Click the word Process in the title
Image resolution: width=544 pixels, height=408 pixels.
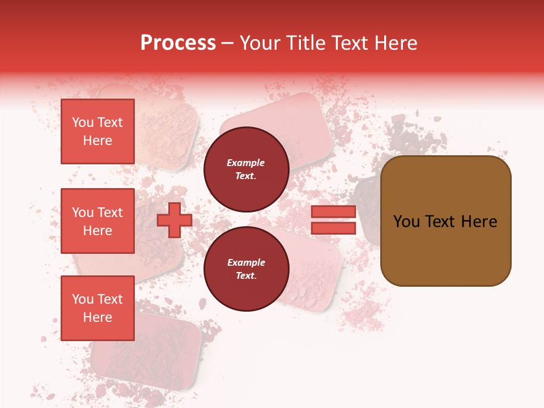tap(177, 43)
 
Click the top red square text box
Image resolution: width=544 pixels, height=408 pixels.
tap(97, 131)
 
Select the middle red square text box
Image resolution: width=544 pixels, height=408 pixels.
tap(97, 221)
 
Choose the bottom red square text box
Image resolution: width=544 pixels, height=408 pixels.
tap(97, 308)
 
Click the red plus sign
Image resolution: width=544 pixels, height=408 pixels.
tap(174, 220)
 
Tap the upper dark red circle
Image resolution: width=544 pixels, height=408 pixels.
tap(246, 169)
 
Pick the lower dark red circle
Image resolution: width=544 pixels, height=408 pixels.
tap(246, 269)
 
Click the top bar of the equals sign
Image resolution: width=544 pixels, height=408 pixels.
tap(333, 211)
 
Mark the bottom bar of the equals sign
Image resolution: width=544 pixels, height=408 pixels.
tap(333, 228)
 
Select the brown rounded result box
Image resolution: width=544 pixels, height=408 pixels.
tap(445, 221)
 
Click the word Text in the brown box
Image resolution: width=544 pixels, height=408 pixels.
tap(444, 222)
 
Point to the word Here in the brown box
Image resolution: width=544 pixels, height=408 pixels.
tap(479, 222)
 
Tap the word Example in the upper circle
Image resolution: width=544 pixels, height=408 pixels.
tap(246, 163)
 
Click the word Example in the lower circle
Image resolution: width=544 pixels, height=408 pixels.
tap(246, 262)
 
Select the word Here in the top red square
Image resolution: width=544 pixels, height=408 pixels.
tap(97, 141)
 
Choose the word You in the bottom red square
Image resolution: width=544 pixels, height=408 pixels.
tap(83, 299)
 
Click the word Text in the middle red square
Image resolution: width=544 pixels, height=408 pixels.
tap(110, 212)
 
